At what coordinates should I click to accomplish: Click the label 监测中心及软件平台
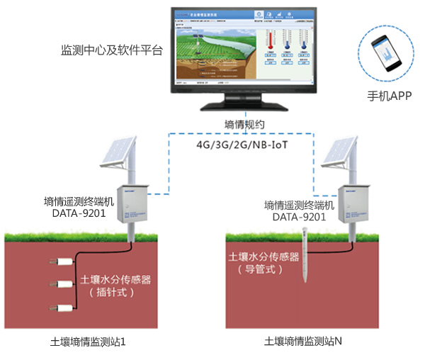112,51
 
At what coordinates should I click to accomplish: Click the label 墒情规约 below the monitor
244,125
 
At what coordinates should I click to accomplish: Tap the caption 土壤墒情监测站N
303,342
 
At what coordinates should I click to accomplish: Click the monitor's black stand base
242,106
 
